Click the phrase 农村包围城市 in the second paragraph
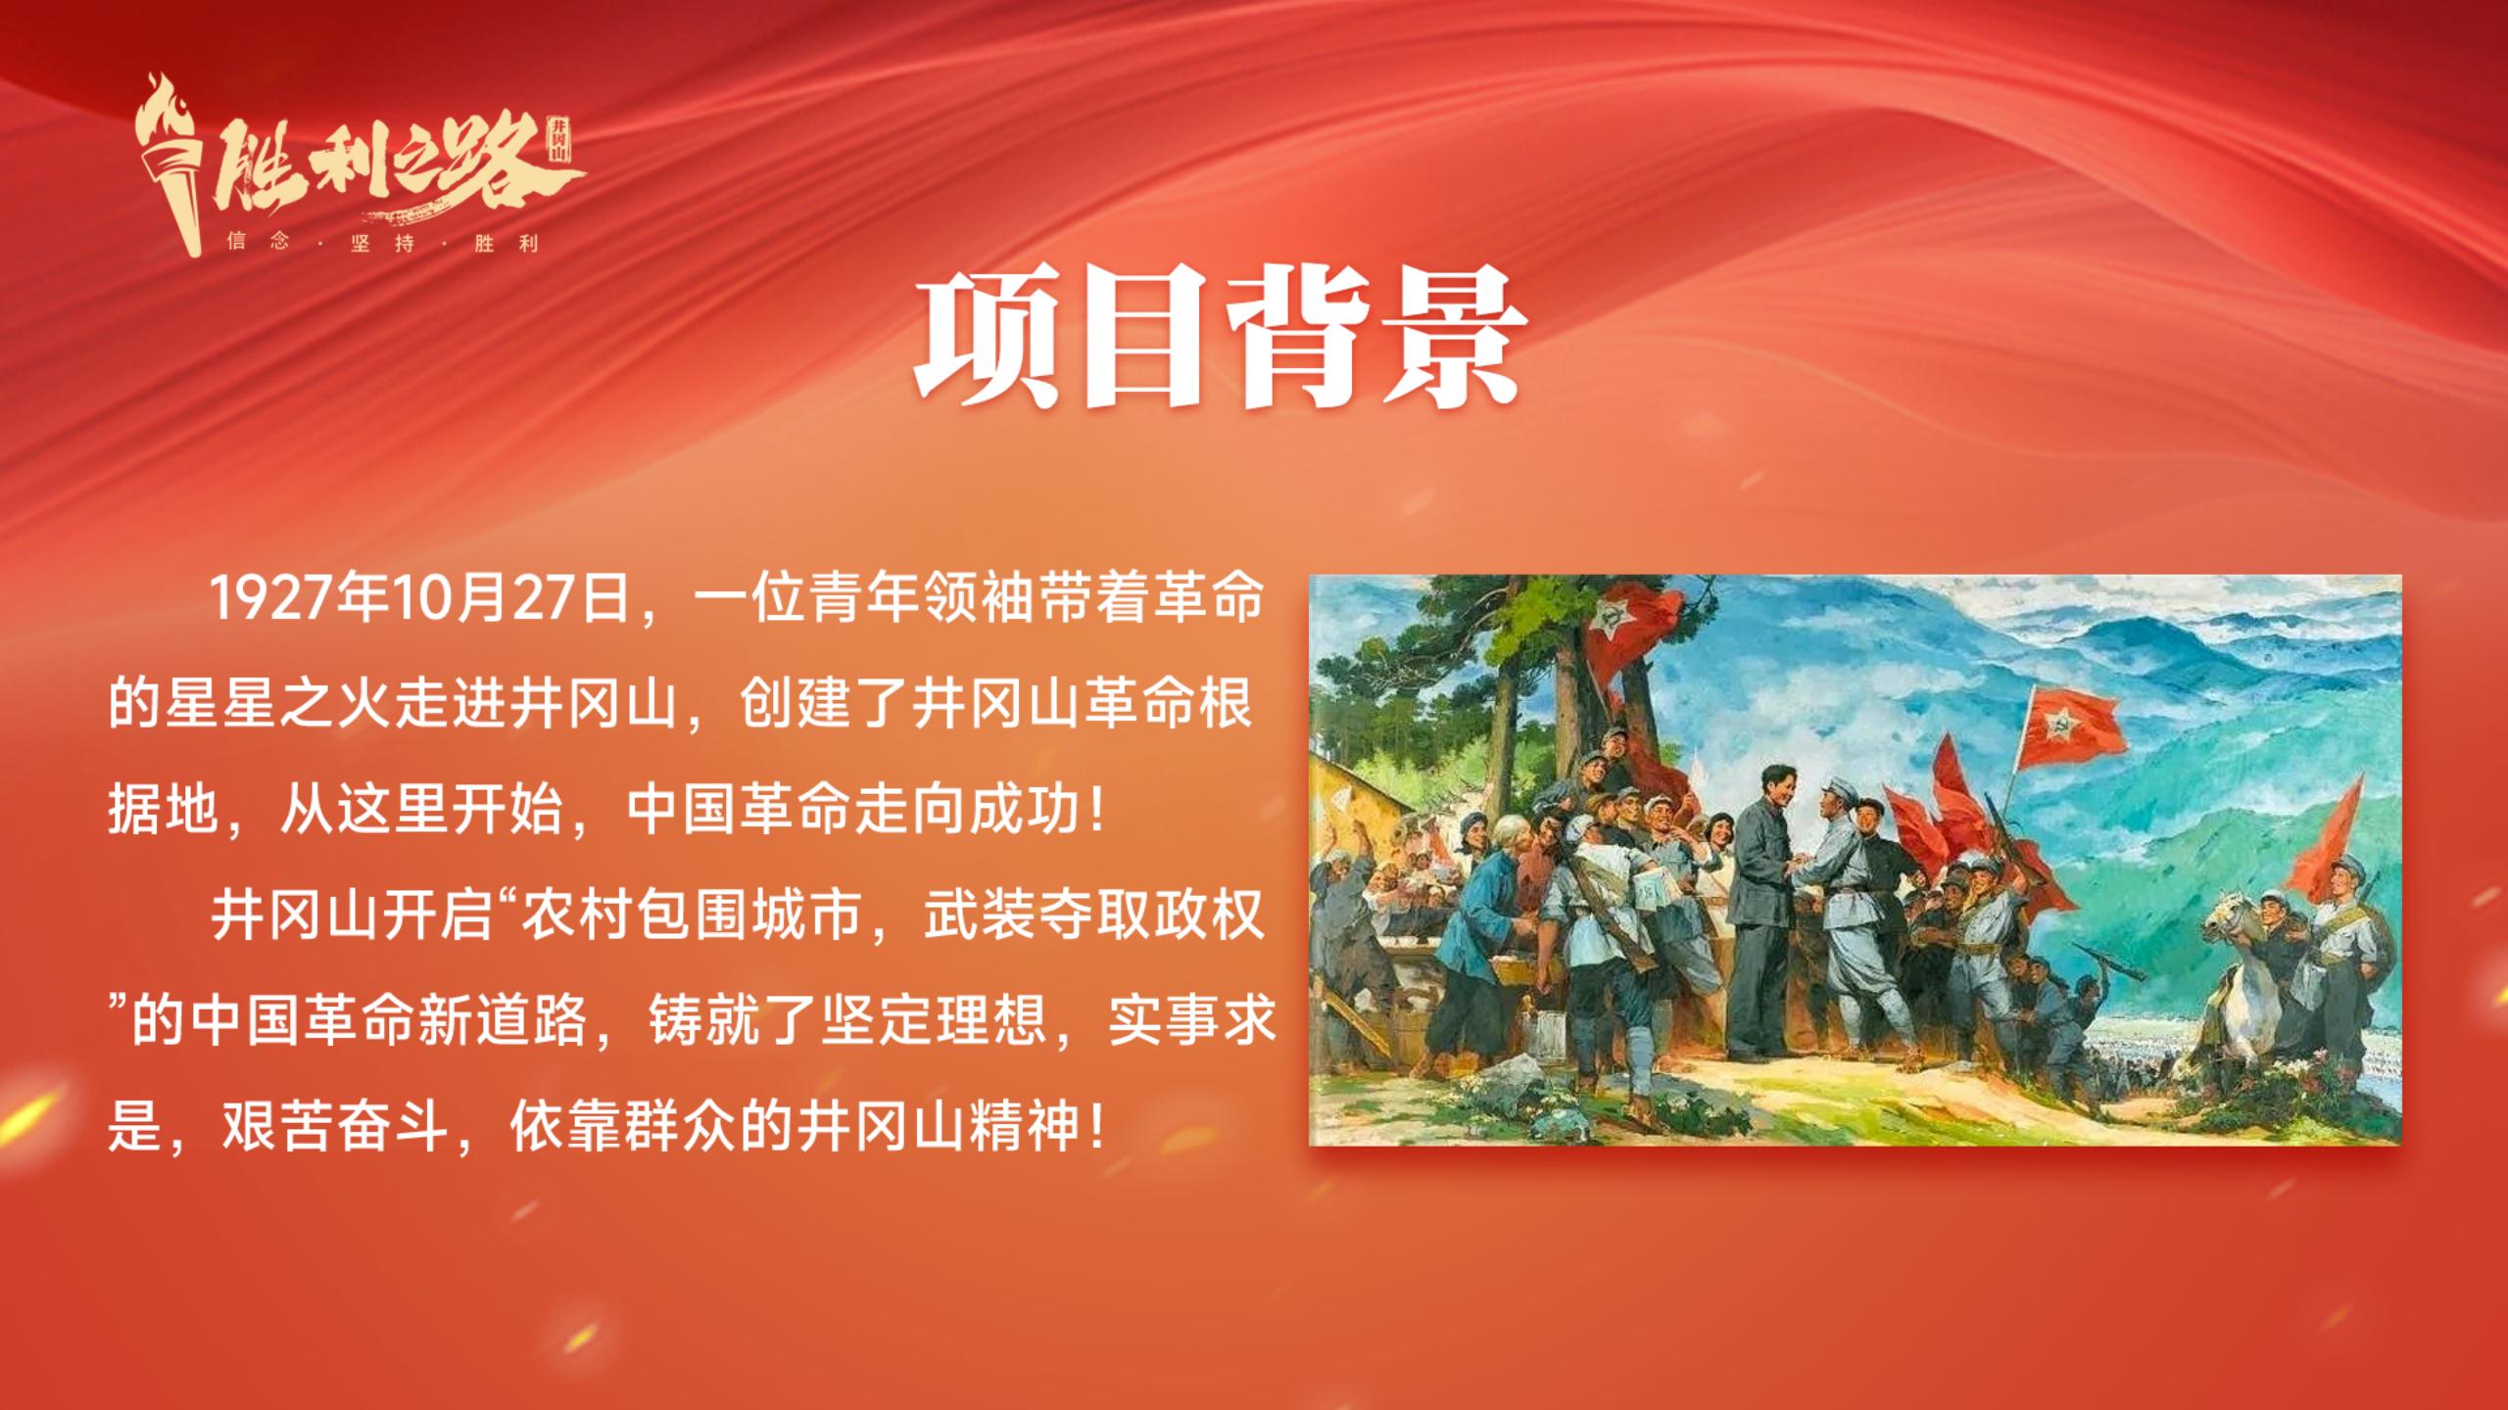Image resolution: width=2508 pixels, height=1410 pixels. pos(689,917)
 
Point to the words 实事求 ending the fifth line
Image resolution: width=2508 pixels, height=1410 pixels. pos(1192,1023)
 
